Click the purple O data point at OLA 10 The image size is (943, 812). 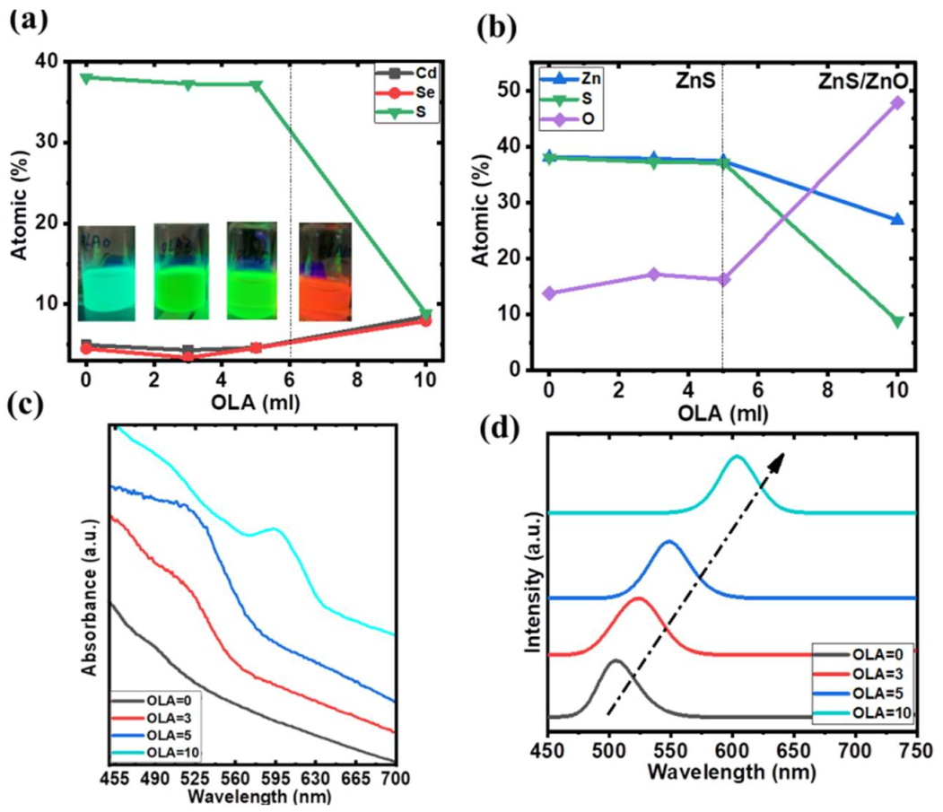[x=897, y=102]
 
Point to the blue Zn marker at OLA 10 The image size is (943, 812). [x=897, y=220]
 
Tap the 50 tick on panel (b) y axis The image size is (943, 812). [x=520, y=91]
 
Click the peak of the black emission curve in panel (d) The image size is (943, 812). [x=615, y=660]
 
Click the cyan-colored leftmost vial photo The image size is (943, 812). [x=106, y=273]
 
